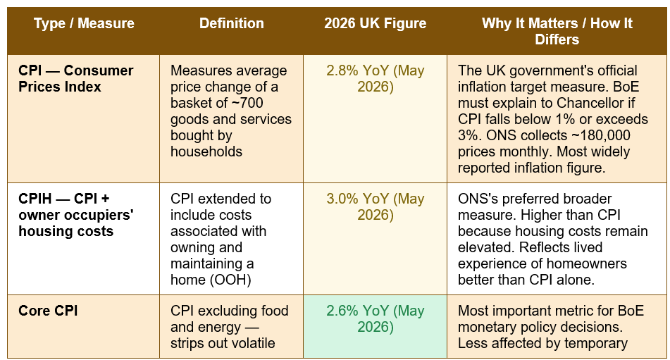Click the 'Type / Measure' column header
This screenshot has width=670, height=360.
(84, 23)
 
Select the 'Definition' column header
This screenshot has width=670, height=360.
(232, 23)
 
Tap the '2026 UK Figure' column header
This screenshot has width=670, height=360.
(376, 23)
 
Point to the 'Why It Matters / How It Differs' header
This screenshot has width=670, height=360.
(557, 31)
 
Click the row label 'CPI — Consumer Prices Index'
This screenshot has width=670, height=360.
(76, 79)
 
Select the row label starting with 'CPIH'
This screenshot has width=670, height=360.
(76, 215)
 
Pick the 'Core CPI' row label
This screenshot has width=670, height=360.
(48, 311)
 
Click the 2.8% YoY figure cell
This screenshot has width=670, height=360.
(376, 79)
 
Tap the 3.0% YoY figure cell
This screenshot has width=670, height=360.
(376, 206)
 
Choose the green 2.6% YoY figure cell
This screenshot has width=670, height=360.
(376, 318)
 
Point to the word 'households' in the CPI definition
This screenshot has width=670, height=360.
(206, 151)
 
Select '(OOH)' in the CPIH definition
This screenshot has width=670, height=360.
(230, 280)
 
